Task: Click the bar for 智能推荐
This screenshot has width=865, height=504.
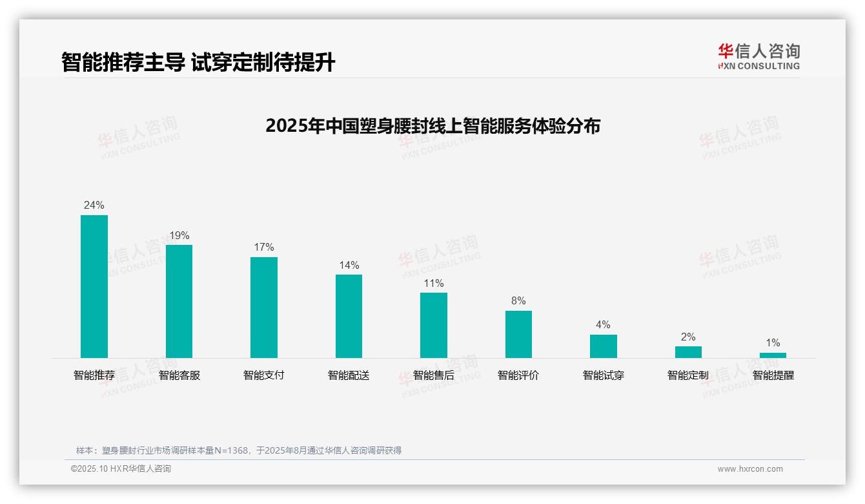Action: point(94,286)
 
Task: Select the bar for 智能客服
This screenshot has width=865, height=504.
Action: point(179,301)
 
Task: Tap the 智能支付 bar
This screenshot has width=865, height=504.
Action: point(264,308)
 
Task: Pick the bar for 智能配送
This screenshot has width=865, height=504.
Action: point(349,316)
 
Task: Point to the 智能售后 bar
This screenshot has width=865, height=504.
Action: point(434,325)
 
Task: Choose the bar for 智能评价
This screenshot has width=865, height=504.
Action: point(518,334)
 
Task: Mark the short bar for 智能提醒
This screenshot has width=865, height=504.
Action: point(773,355)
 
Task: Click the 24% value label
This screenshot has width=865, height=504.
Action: point(94,205)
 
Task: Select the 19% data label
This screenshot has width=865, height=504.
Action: point(179,236)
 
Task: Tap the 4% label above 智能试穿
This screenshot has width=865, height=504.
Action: point(603,325)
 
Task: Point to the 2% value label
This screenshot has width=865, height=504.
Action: point(688,337)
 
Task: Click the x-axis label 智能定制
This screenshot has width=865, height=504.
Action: point(688,375)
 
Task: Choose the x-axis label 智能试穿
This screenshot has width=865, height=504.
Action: point(603,375)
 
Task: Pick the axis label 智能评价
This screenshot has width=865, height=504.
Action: point(518,375)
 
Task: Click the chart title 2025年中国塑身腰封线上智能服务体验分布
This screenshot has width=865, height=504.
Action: point(432,125)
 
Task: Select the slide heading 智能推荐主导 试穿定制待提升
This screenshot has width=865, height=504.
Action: point(198,63)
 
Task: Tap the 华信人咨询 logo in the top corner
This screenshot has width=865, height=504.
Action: point(758,56)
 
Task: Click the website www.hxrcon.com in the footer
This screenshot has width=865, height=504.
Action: point(750,469)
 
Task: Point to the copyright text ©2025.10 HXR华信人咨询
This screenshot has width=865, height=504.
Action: point(121,469)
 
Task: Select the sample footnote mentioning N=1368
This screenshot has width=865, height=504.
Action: point(239,450)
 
